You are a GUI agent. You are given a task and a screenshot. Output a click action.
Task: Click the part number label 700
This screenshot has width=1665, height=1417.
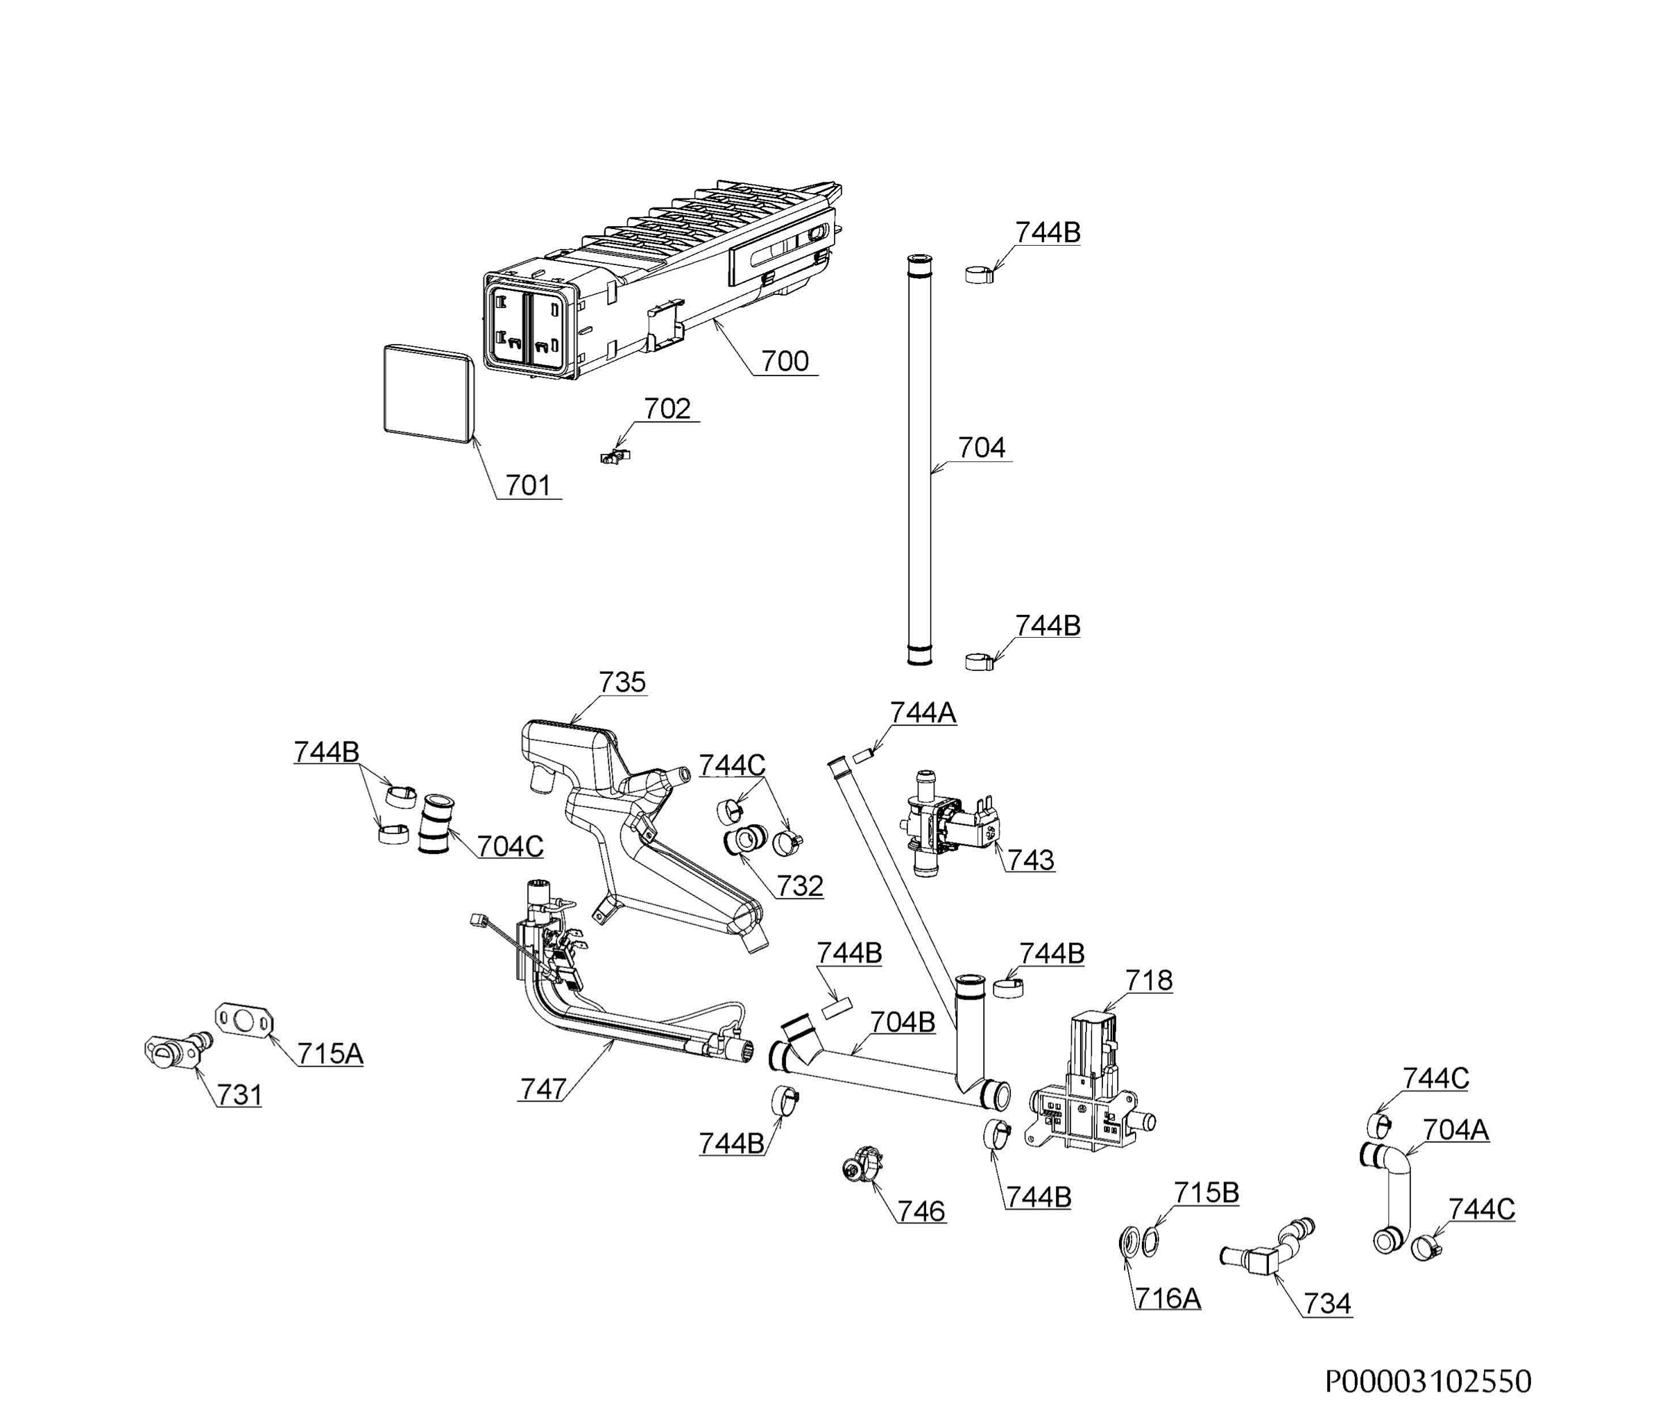(785, 361)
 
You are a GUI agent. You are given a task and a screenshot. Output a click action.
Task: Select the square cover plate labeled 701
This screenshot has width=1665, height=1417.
(427, 393)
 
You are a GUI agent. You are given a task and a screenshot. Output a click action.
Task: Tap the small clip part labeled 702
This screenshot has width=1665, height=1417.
(615, 457)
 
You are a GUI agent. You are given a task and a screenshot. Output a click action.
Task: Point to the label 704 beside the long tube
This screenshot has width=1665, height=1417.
(982, 448)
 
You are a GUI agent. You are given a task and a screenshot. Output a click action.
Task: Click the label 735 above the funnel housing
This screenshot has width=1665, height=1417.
(622, 682)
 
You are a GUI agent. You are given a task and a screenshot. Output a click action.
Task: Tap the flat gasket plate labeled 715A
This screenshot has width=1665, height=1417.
(246, 1020)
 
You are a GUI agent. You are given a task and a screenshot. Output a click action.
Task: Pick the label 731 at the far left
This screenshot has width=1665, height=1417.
(239, 1094)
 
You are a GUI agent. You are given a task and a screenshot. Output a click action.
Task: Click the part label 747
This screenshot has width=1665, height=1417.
(543, 1089)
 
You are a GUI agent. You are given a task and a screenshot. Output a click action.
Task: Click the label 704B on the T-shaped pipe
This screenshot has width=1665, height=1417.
(903, 1021)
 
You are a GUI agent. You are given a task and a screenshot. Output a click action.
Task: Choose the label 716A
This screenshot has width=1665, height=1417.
(1168, 1298)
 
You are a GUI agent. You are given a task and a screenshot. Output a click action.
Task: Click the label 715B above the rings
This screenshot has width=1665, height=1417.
(1206, 1193)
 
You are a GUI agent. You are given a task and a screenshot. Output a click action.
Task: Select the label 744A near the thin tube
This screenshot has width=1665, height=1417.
(923, 713)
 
